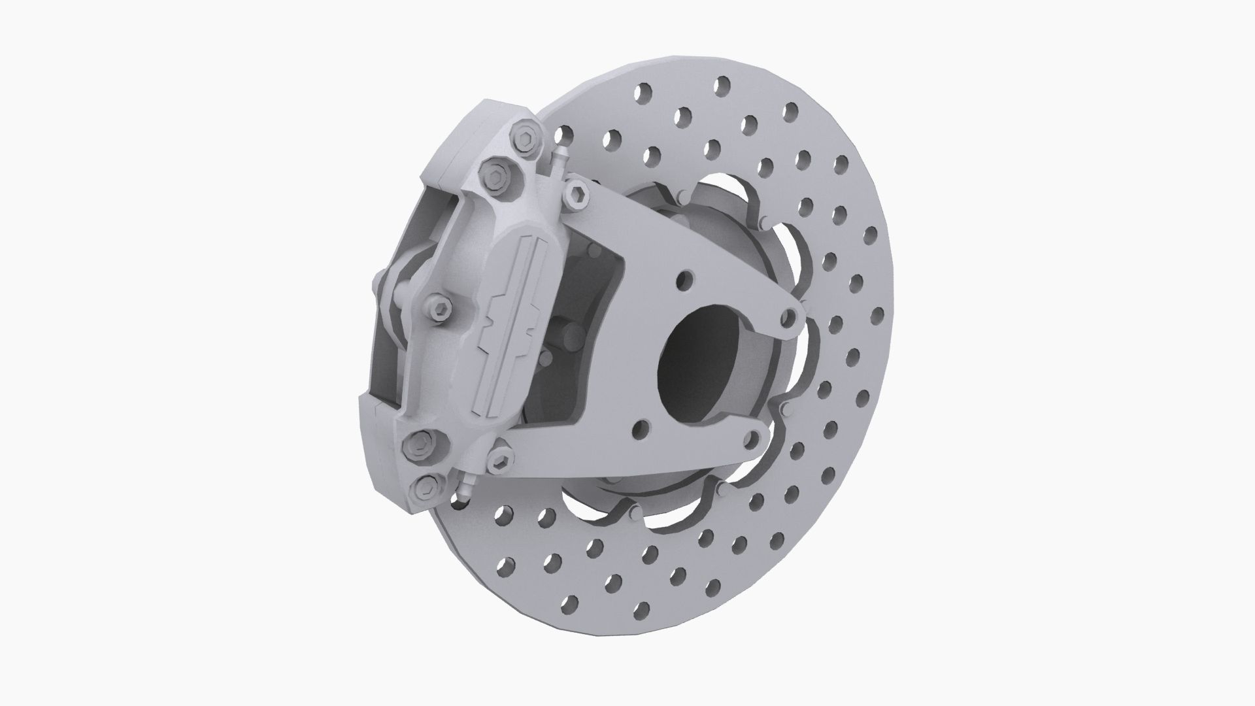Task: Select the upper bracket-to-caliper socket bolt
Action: (x=577, y=196)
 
